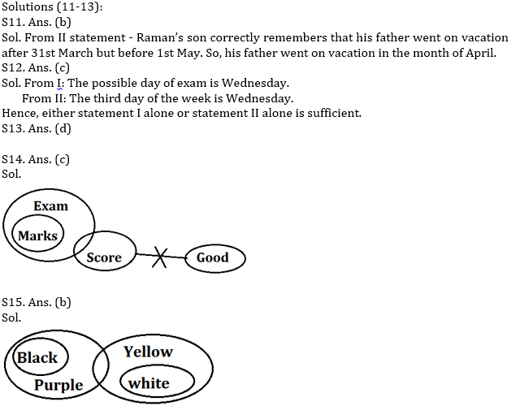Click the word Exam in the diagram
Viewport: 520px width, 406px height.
coord(50,206)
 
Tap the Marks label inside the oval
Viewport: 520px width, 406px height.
coord(37,235)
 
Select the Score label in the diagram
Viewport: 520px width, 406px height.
coord(104,258)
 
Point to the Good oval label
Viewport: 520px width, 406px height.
coord(213,258)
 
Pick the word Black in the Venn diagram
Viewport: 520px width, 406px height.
coord(37,357)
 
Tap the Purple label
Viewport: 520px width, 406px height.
coord(58,384)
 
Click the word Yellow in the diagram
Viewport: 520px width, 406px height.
coord(148,352)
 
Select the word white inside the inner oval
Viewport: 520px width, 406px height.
coord(149,382)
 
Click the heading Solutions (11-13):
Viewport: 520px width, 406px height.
coord(51,8)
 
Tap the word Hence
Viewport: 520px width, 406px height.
coord(19,113)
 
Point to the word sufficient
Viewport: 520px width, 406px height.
coord(331,113)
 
